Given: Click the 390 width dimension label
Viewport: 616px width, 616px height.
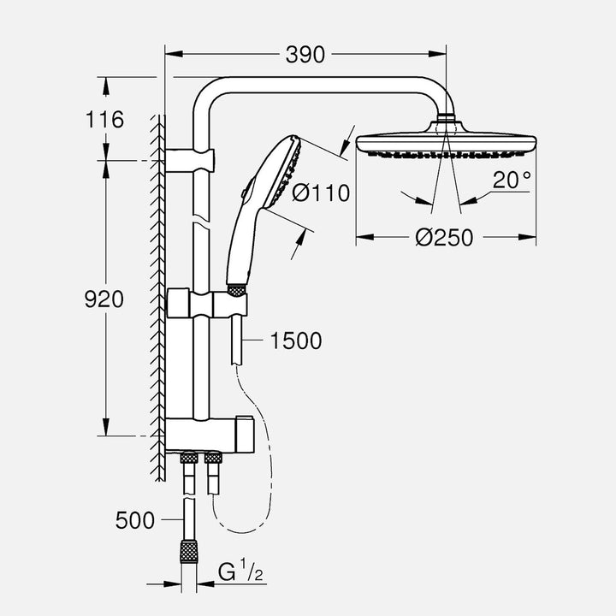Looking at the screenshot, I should [x=305, y=55].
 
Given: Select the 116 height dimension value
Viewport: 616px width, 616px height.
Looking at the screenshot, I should [x=105, y=119].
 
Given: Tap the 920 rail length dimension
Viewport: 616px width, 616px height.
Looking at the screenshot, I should [x=104, y=299].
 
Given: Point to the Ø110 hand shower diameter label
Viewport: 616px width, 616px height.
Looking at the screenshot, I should [x=321, y=193].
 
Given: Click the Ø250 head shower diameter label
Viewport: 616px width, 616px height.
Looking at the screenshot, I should [x=444, y=238].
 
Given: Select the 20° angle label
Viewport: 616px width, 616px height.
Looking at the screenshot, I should [x=512, y=179].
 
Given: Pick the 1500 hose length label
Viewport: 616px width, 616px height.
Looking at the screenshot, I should [x=295, y=341].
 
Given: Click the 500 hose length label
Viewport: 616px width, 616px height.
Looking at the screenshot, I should [x=135, y=519].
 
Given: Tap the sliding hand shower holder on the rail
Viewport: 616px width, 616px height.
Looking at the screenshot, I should [x=231, y=302].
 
